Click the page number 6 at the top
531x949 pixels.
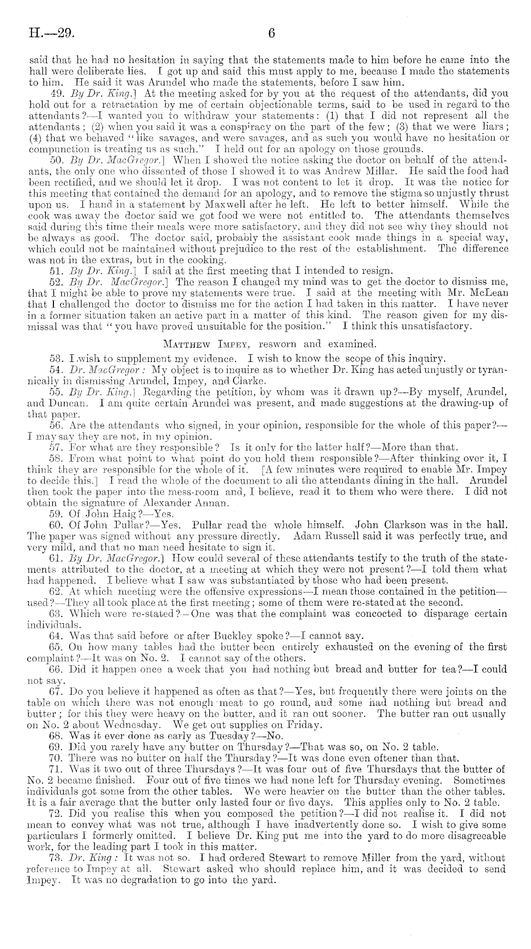(x=272, y=33)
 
